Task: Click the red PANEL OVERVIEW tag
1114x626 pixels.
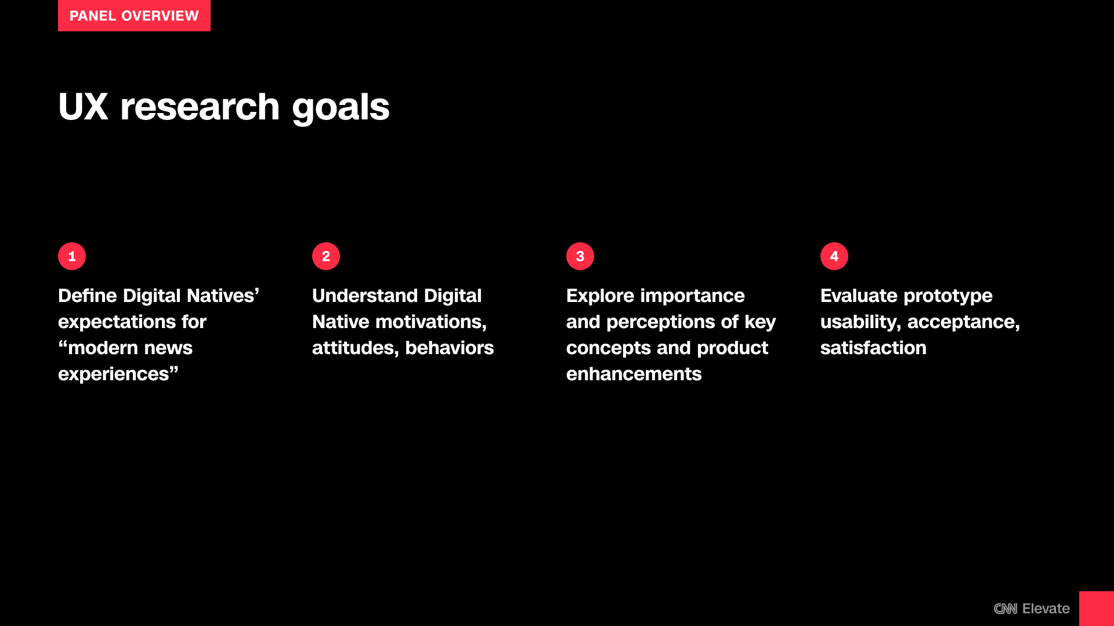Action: pyautogui.click(x=134, y=16)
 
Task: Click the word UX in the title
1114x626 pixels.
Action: pyautogui.click(x=83, y=107)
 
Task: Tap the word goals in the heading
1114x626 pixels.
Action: pyautogui.click(x=341, y=109)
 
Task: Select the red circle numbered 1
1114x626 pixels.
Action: pyautogui.click(x=72, y=256)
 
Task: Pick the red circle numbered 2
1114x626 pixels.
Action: pyautogui.click(x=326, y=256)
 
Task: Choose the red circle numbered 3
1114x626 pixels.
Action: pyautogui.click(x=580, y=256)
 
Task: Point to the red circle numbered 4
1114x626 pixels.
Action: pyautogui.click(x=834, y=256)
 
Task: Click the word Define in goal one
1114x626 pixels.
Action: pyautogui.click(x=88, y=296)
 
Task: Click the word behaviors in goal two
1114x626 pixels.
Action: pyautogui.click(x=450, y=348)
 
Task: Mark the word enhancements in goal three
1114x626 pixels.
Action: pyautogui.click(x=634, y=374)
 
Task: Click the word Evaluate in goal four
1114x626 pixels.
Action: pyautogui.click(x=859, y=296)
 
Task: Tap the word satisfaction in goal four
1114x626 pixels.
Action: pyautogui.click(x=873, y=348)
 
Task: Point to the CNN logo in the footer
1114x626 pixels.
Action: pyautogui.click(x=1006, y=609)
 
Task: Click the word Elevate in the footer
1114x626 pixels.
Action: pyautogui.click(x=1046, y=609)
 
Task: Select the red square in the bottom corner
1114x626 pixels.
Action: pyautogui.click(x=1097, y=609)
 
